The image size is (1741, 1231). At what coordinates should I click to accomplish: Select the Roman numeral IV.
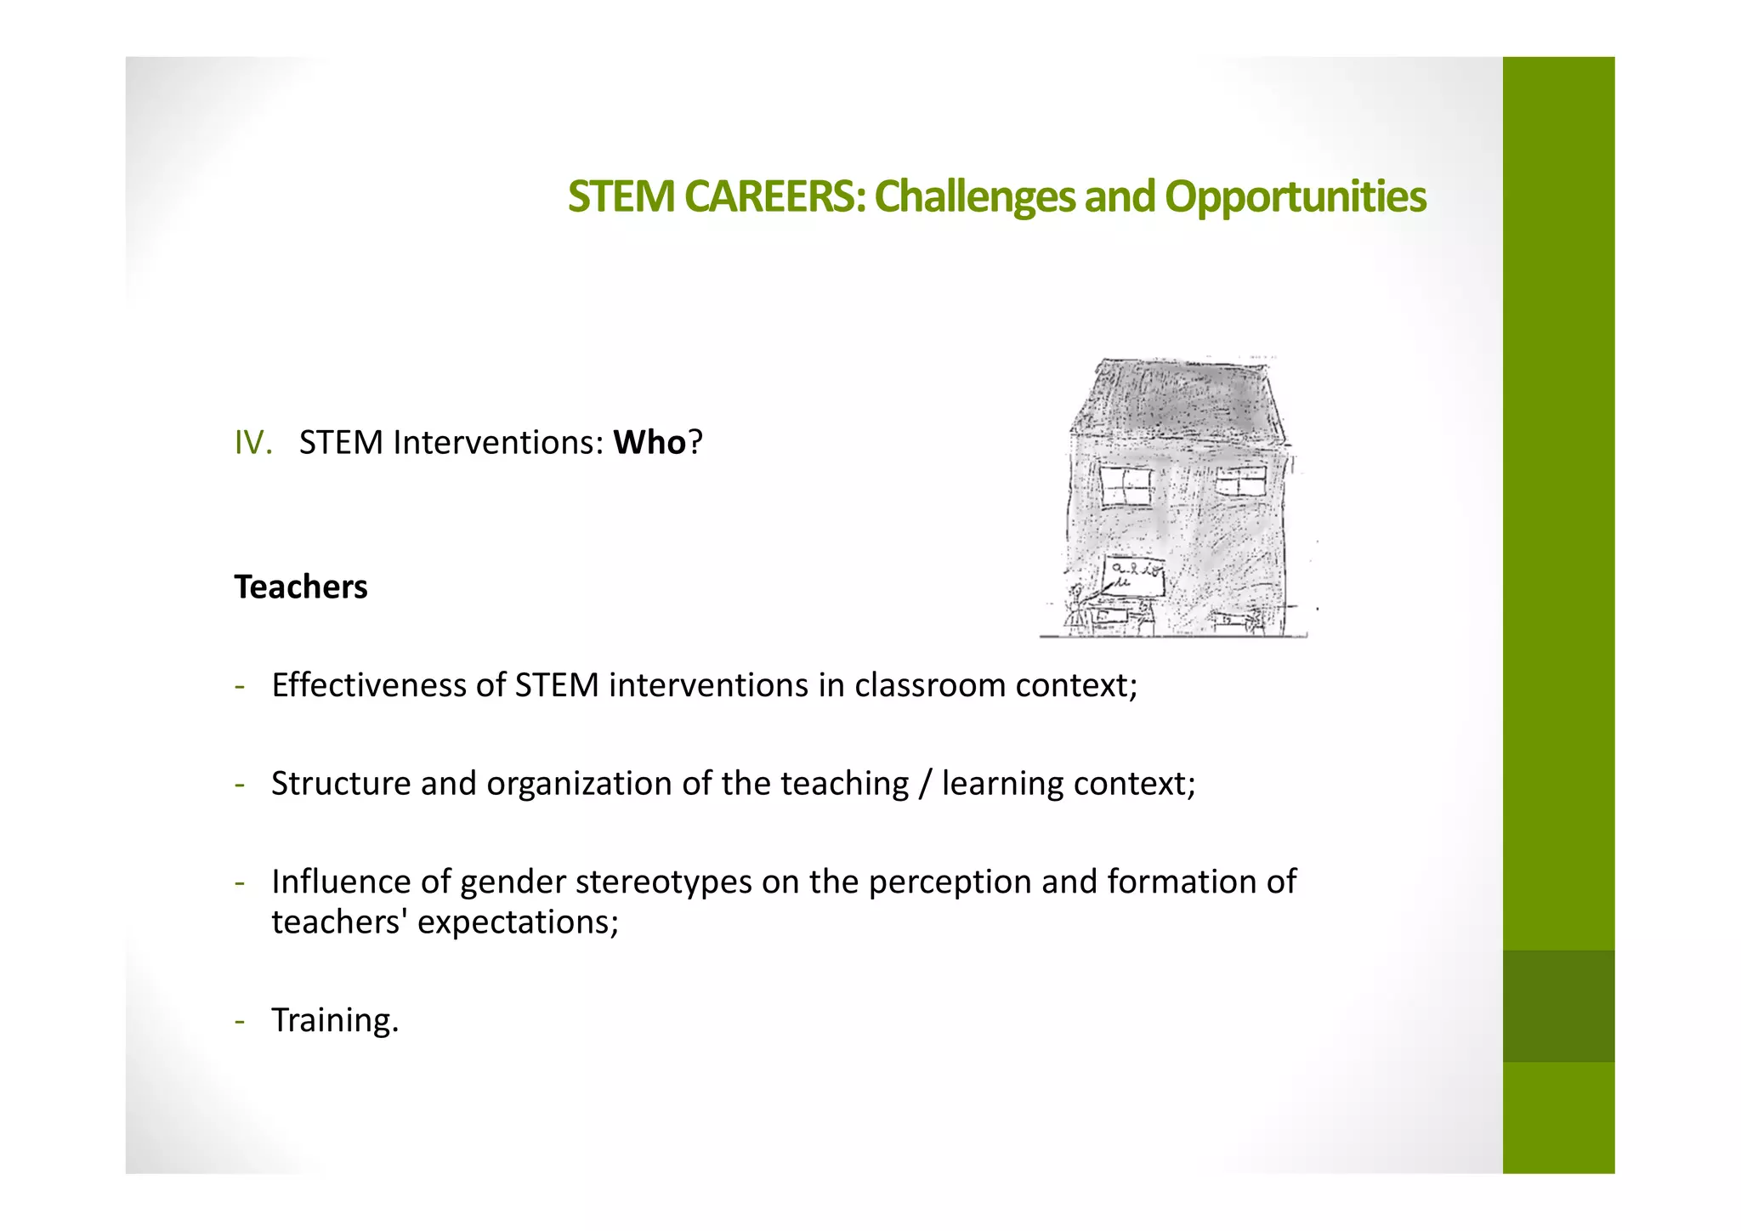click(x=252, y=443)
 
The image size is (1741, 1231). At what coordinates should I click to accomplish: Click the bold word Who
click(x=649, y=443)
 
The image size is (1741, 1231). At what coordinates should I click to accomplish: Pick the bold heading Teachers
click(x=301, y=587)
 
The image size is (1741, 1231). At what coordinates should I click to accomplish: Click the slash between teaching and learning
click(x=925, y=784)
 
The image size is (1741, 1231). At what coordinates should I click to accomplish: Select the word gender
click(x=513, y=882)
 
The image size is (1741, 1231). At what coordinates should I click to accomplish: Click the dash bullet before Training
click(x=241, y=1020)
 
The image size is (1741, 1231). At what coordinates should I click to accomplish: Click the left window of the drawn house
click(x=1126, y=485)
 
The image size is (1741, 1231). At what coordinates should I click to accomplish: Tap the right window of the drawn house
click(x=1240, y=482)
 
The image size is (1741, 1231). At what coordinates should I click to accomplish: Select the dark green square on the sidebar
click(x=1558, y=1006)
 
